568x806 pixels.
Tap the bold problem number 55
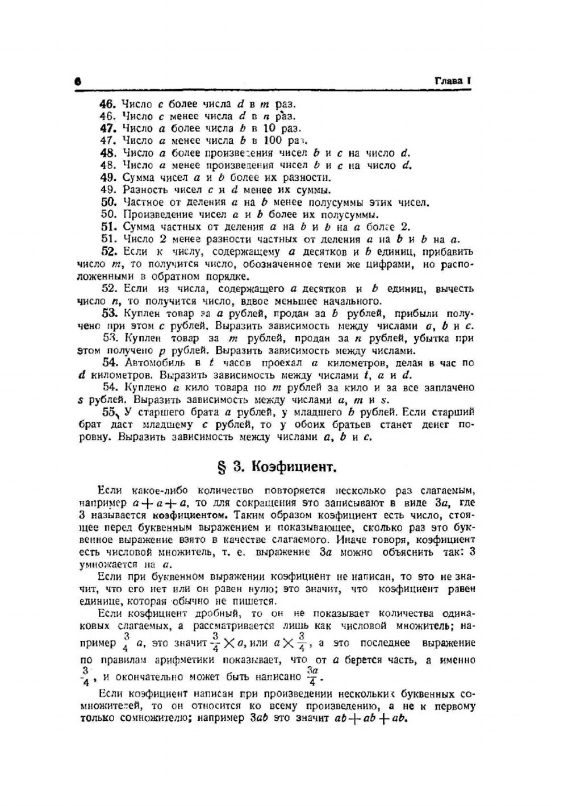(110, 412)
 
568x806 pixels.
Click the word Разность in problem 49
(145, 190)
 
